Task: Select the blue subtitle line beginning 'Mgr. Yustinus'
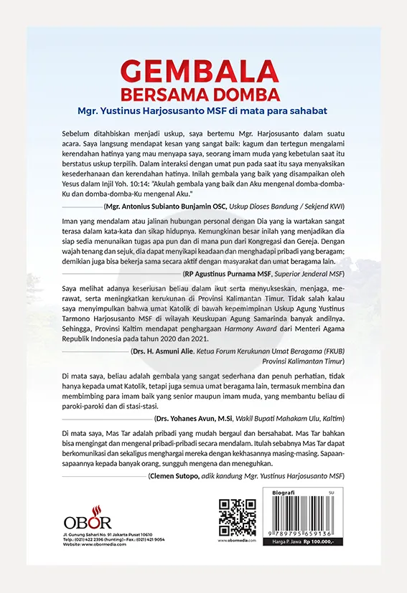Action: pos(204,112)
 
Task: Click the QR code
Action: pos(237,518)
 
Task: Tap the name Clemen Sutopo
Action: pos(177,475)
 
